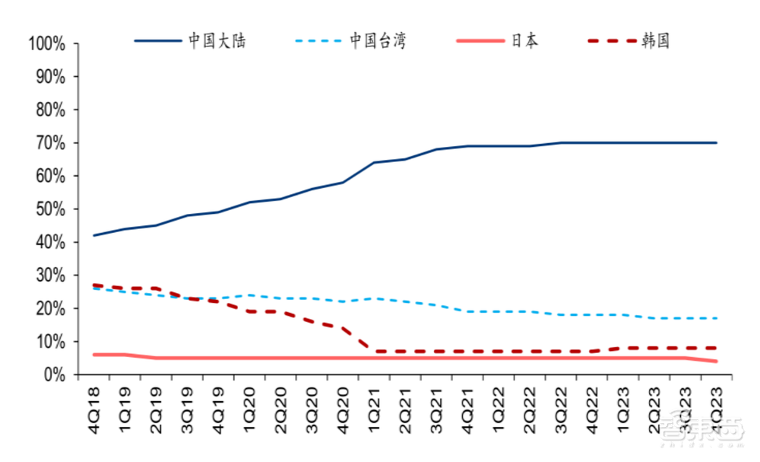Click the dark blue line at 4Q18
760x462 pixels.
pos(93,235)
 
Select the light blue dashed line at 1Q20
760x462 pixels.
pos(249,295)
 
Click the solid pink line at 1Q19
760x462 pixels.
pos(125,355)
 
